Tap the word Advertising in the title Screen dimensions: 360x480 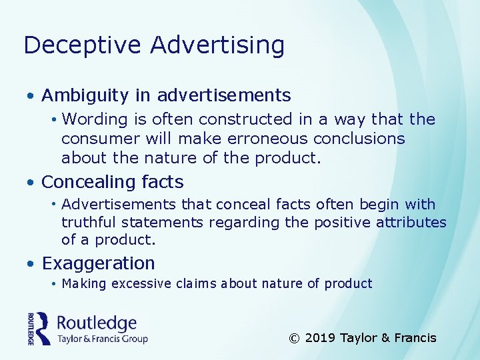click(217, 45)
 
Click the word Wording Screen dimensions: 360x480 click(94, 119)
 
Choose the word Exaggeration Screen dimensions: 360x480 click(98, 263)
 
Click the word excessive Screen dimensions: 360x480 click(141, 284)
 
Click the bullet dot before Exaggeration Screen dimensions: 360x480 click(31, 265)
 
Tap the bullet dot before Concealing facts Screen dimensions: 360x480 click(31, 183)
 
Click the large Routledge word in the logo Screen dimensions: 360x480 click(97, 324)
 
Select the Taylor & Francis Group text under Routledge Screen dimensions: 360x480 click(102, 339)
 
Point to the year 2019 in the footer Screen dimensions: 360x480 click(320, 338)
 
